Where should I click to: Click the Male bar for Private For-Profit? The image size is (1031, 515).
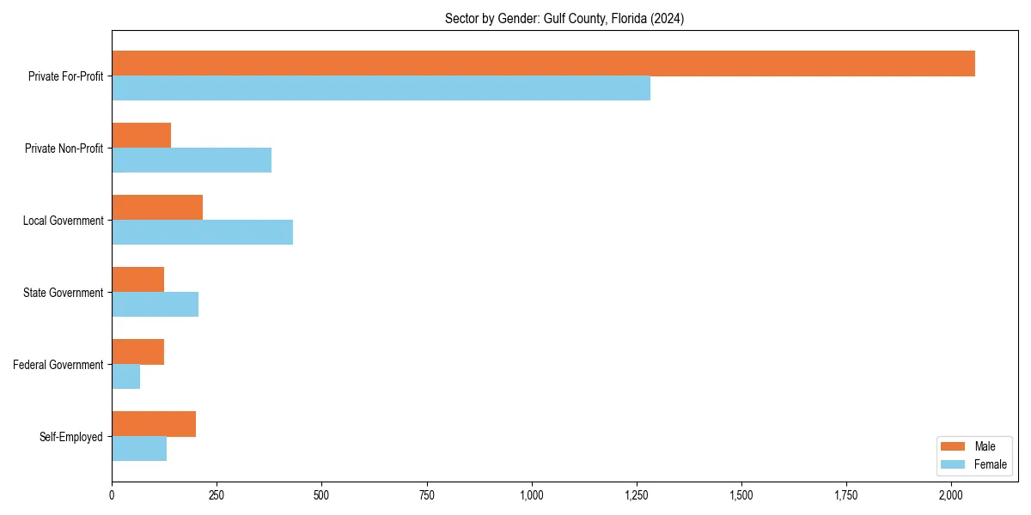pyautogui.click(x=543, y=64)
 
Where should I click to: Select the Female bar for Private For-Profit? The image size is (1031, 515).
pyautogui.click(x=381, y=88)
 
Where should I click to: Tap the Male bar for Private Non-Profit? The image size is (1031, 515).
pyautogui.click(x=141, y=136)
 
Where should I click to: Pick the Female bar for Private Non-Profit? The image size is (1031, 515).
pyautogui.click(x=192, y=161)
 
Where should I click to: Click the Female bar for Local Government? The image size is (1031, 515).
pyautogui.click(x=202, y=233)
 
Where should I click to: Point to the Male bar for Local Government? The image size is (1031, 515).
pyautogui.click(x=157, y=208)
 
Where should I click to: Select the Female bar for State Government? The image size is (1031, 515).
pyautogui.click(x=155, y=305)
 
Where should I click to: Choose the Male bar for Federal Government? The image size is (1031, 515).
pyautogui.click(x=137, y=352)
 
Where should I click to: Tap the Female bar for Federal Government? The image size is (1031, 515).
pyautogui.click(x=125, y=377)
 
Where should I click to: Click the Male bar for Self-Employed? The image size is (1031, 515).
pyautogui.click(x=154, y=424)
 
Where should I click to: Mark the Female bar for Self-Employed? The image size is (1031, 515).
pyautogui.click(x=139, y=449)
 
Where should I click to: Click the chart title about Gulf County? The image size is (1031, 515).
pyautogui.click(x=564, y=19)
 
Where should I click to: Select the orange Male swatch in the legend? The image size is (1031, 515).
pyautogui.click(x=954, y=446)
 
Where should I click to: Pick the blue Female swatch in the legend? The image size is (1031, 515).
pyautogui.click(x=954, y=464)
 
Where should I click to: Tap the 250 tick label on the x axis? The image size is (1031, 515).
pyautogui.click(x=217, y=495)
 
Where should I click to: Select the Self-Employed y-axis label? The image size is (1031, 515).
pyautogui.click(x=71, y=437)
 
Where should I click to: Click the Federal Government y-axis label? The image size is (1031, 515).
pyautogui.click(x=58, y=365)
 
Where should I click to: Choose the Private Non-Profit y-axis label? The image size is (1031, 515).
pyautogui.click(x=64, y=148)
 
